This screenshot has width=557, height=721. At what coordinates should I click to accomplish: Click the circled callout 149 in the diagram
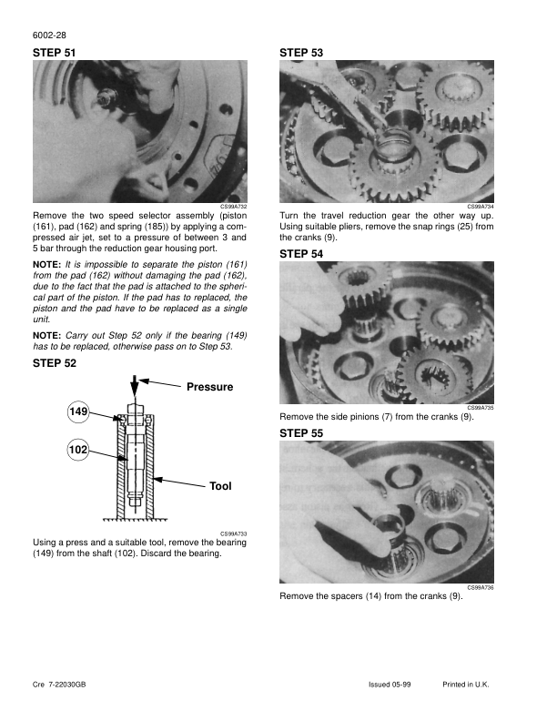pyautogui.click(x=78, y=412)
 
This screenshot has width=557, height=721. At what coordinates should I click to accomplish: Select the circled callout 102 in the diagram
pyautogui.click(x=78, y=449)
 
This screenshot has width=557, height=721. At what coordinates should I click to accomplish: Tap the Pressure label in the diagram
pyautogui.click(x=209, y=387)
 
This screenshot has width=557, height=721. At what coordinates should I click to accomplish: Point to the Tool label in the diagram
pyautogui.click(x=220, y=486)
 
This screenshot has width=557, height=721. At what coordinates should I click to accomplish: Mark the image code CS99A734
pyautogui.click(x=481, y=207)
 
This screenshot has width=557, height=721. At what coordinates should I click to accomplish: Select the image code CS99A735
pyautogui.click(x=481, y=409)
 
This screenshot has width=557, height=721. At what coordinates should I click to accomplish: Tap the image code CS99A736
pyautogui.click(x=481, y=588)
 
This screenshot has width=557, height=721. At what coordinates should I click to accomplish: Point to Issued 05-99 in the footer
pyautogui.click(x=390, y=685)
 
